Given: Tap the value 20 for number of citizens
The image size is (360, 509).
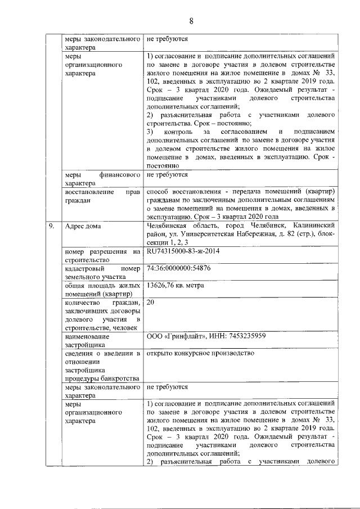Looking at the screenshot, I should (x=150, y=302).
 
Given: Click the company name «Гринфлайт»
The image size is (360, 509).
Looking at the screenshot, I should (x=185, y=336).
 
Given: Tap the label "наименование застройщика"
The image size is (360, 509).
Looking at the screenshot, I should (x=87, y=340).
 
